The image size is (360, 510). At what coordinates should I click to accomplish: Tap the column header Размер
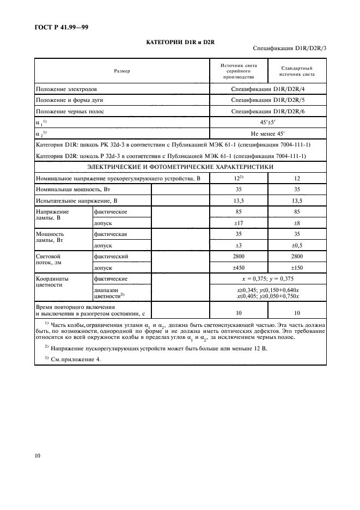(122, 71)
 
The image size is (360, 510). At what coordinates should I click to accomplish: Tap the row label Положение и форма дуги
(70, 100)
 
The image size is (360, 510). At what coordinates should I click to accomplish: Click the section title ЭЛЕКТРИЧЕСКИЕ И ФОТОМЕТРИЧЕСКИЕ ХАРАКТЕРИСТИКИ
(180, 167)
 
